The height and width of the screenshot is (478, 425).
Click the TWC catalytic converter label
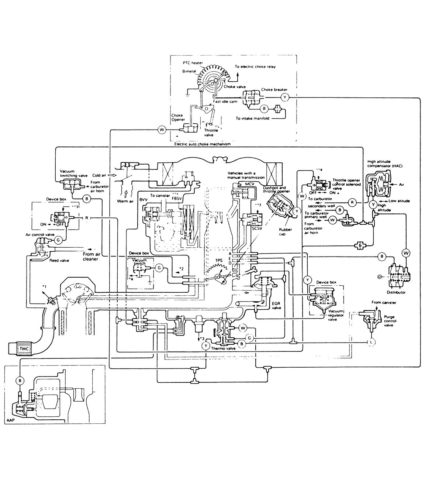pos(23,348)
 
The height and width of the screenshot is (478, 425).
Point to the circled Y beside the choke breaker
pos(284,97)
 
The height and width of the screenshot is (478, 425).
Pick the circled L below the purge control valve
pos(372,343)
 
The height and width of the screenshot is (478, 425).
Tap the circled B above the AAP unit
pos(19,380)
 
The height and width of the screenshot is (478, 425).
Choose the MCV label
pos(245,183)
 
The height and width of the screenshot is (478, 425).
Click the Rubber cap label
pos(286,231)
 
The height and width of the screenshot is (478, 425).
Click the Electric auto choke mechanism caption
pos(202,144)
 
